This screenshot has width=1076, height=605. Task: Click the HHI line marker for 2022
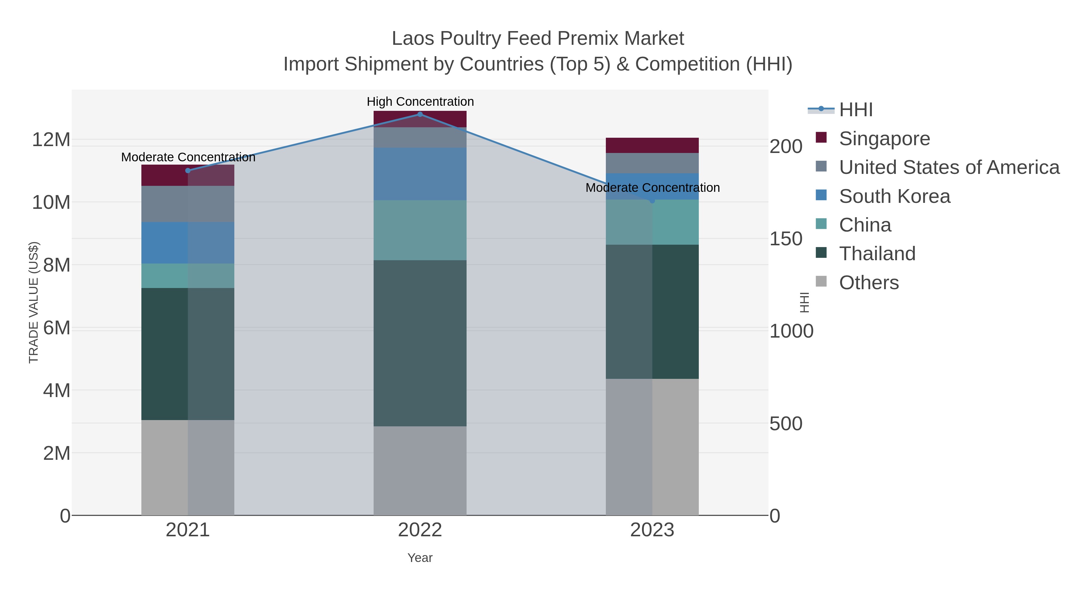(420, 114)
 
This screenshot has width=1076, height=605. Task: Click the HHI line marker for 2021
(187, 170)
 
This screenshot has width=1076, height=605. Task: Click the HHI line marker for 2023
(652, 201)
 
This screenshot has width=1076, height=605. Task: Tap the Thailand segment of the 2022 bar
(420, 343)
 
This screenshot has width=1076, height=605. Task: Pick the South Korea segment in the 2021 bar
(187, 243)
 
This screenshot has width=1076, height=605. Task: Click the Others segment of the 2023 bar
(652, 447)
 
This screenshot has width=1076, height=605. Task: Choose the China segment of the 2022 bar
(420, 230)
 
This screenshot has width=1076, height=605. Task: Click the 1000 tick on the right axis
(791, 331)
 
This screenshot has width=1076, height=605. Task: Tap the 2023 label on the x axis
(652, 530)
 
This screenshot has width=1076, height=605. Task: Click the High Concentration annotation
(420, 102)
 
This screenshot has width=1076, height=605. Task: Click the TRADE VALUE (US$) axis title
(33, 302)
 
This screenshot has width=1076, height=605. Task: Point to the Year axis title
(420, 558)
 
